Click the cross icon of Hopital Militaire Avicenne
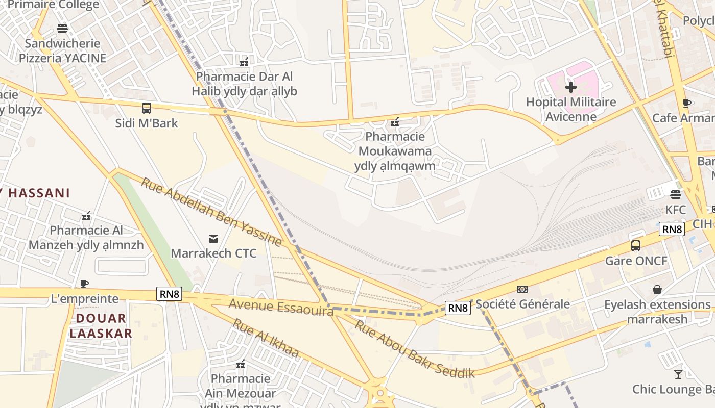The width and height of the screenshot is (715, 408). pos(571,87)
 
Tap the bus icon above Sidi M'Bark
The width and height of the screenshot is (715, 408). pos(147,108)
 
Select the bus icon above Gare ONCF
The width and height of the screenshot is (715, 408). pos(636,246)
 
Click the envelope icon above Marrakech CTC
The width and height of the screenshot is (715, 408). pos(213,238)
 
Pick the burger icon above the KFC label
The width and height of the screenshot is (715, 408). pos(676,194)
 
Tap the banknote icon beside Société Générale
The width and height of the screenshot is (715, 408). pos(522,289)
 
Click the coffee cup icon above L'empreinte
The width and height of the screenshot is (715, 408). pos(84,284)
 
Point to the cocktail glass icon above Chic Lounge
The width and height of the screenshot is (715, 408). pos(678,374)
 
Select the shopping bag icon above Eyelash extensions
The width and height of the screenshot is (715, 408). pos(657,290)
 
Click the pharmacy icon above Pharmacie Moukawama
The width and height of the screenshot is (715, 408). pos(395,121)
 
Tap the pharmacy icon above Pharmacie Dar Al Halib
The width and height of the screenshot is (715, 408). pos(244,62)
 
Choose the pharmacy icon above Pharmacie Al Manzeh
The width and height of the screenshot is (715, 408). pos(86,216)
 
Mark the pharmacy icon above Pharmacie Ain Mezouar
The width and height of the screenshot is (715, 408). pos(241,364)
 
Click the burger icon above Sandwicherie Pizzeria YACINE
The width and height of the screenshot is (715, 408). pos(62,28)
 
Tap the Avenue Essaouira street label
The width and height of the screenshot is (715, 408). pos(281,307)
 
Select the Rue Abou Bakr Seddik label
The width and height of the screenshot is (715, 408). pos(415,349)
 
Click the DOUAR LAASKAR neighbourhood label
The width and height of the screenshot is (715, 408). pos(101,326)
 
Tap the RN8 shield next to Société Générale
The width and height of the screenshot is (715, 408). pos(457,308)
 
